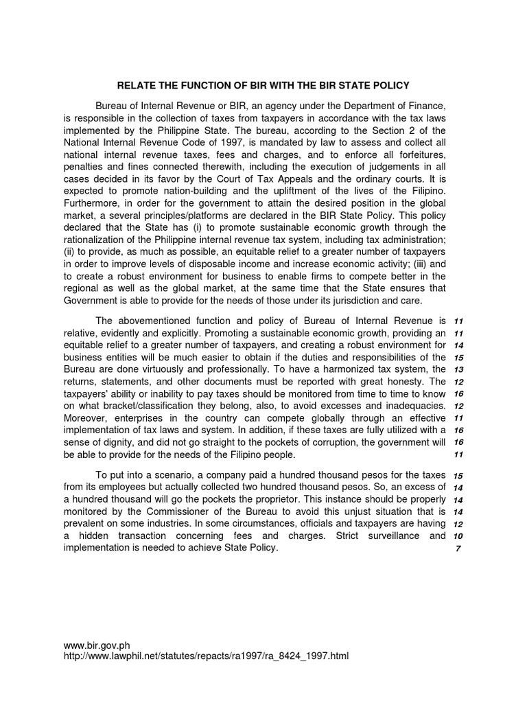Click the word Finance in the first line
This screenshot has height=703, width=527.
(x=427, y=106)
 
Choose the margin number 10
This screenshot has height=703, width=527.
(x=459, y=536)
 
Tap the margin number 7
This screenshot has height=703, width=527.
(x=459, y=549)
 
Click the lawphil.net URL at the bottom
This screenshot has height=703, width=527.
(x=206, y=656)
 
